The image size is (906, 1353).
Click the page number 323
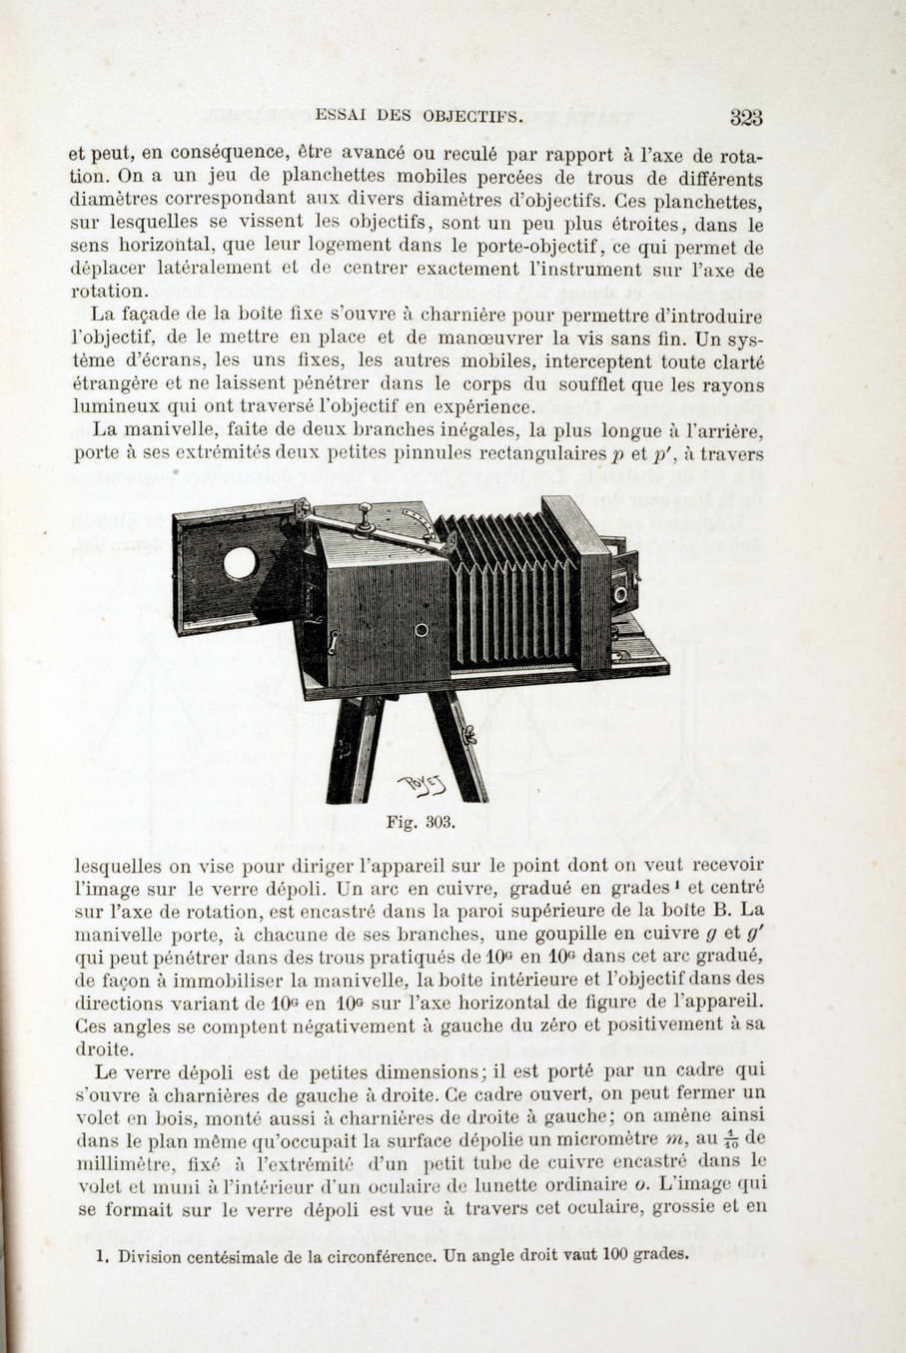coord(745,118)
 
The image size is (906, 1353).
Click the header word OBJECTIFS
coord(472,116)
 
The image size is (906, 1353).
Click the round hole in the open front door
coord(240,562)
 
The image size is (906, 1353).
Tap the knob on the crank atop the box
coord(366,512)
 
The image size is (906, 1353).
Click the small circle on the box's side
coord(421,630)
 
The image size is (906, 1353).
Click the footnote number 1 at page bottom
coord(102,1257)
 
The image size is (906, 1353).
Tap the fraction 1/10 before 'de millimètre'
coord(730,1140)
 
